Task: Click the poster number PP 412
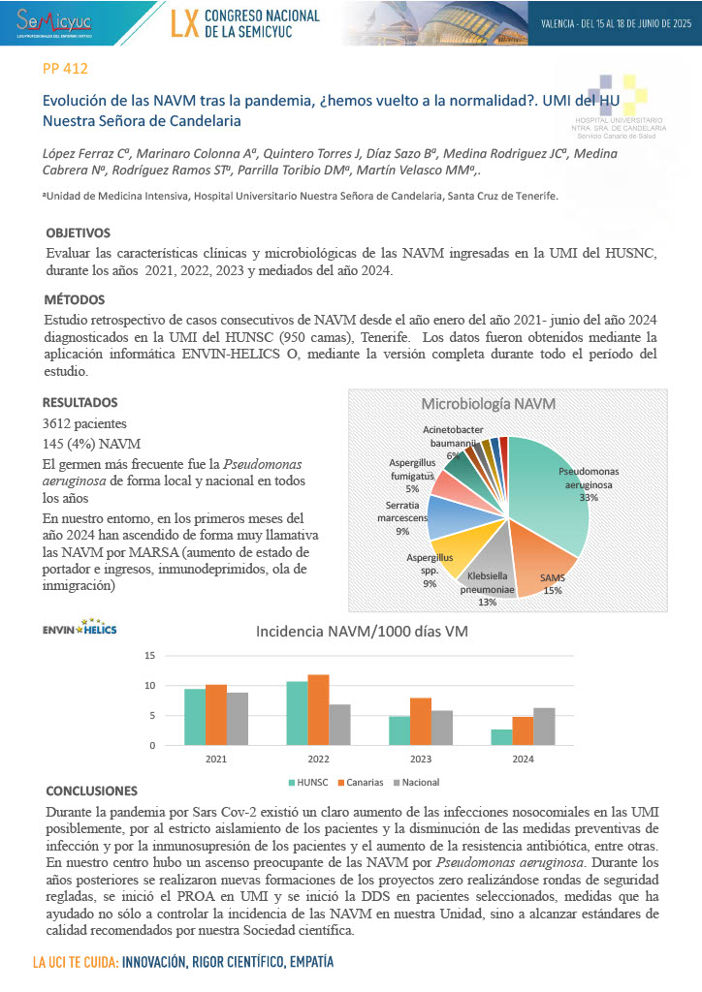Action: point(67,69)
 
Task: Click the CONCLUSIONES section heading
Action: point(92,790)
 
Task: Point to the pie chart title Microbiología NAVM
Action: point(487,403)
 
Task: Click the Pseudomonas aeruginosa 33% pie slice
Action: point(553,484)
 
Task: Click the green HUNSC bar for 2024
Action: point(501,737)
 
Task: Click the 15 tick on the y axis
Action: point(149,656)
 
